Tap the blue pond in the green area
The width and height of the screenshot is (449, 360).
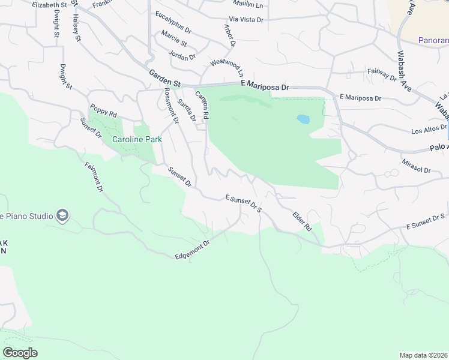click(x=303, y=119)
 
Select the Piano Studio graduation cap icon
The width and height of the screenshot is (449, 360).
click(x=62, y=215)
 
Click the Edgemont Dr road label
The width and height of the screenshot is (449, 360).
click(x=192, y=250)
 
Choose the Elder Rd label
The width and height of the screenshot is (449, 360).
click(x=302, y=221)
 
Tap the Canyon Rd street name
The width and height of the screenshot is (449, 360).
click(x=202, y=104)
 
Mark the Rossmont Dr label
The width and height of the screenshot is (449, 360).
click(x=172, y=106)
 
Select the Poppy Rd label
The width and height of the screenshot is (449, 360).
click(x=103, y=110)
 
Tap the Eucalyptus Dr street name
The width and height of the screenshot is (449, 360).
click(x=173, y=22)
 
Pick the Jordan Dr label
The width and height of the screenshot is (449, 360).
click(x=183, y=57)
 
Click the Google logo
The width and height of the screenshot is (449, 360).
click(x=20, y=353)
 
